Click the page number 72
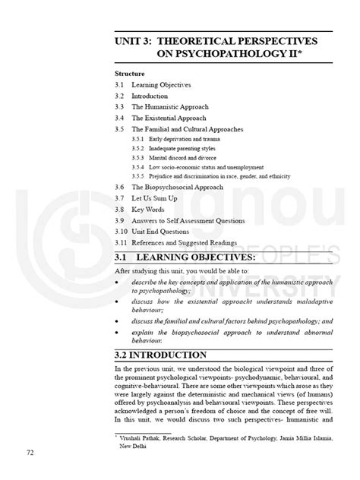(x=30, y=453)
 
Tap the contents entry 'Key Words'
(x=149, y=207)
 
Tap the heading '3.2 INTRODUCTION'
(x=160, y=355)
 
